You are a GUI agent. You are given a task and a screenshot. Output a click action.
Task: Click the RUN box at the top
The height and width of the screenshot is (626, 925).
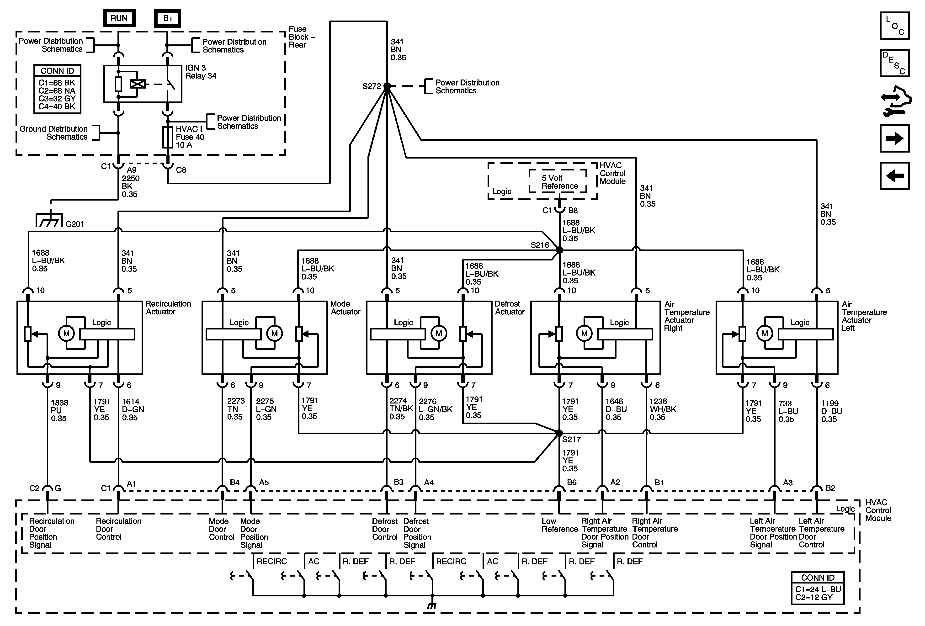click(x=119, y=18)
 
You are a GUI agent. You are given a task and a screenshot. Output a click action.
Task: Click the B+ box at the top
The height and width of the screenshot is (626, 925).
click(x=168, y=19)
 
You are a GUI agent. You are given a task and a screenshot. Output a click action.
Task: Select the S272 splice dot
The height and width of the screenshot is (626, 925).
click(x=387, y=86)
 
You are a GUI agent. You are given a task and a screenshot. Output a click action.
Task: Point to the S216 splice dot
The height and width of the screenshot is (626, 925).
click(x=559, y=250)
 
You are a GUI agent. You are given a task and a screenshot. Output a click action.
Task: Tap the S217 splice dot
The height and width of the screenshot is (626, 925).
click(x=559, y=433)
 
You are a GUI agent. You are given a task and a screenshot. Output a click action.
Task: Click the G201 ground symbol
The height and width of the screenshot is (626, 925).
click(x=49, y=220)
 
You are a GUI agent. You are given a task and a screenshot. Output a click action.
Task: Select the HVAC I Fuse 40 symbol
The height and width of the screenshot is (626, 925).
click(x=168, y=137)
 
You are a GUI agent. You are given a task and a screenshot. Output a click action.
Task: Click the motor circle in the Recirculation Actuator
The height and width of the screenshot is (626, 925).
click(x=66, y=334)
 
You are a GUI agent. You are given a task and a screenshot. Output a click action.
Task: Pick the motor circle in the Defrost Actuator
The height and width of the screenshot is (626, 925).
click(x=439, y=334)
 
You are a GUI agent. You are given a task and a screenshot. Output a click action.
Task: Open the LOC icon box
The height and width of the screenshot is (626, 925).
click(x=894, y=26)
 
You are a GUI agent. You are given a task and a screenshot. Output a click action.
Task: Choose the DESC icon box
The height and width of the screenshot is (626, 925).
click(x=894, y=63)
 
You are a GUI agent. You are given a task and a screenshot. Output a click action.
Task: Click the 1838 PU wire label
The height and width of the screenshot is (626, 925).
click(x=59, y=410)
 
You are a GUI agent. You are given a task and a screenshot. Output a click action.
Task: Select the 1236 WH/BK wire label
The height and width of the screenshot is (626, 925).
click(x=663, y=409)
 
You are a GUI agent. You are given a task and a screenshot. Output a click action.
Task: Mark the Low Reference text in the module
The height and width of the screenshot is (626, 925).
click(x=559, y=525)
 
